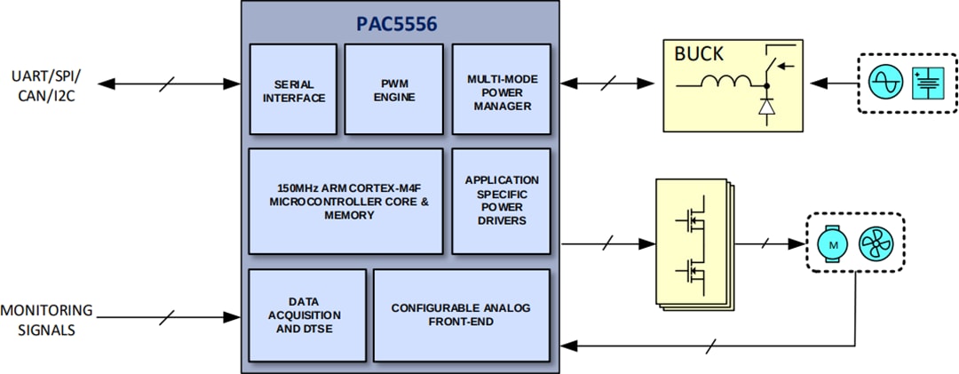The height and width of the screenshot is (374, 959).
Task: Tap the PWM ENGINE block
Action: (x=393, y=91)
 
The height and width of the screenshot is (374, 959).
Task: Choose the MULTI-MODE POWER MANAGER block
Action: (x=501, y=91)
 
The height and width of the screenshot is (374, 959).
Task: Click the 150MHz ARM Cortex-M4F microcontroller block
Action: (x=345, y=202)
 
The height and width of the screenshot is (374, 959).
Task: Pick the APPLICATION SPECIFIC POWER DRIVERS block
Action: (x=501, y=202)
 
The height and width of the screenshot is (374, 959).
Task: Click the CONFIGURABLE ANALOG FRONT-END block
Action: (x=461, y=314)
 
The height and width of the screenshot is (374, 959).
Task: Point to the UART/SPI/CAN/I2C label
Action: (x=41, y=84)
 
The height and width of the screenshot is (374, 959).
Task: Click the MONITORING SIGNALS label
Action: (x=46, y=320)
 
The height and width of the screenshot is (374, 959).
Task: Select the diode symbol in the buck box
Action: (x=765, y=107)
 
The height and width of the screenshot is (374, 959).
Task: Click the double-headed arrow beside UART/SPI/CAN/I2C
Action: (x=169, y=84)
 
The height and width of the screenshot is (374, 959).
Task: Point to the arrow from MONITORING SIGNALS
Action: (x=169, y=315)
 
